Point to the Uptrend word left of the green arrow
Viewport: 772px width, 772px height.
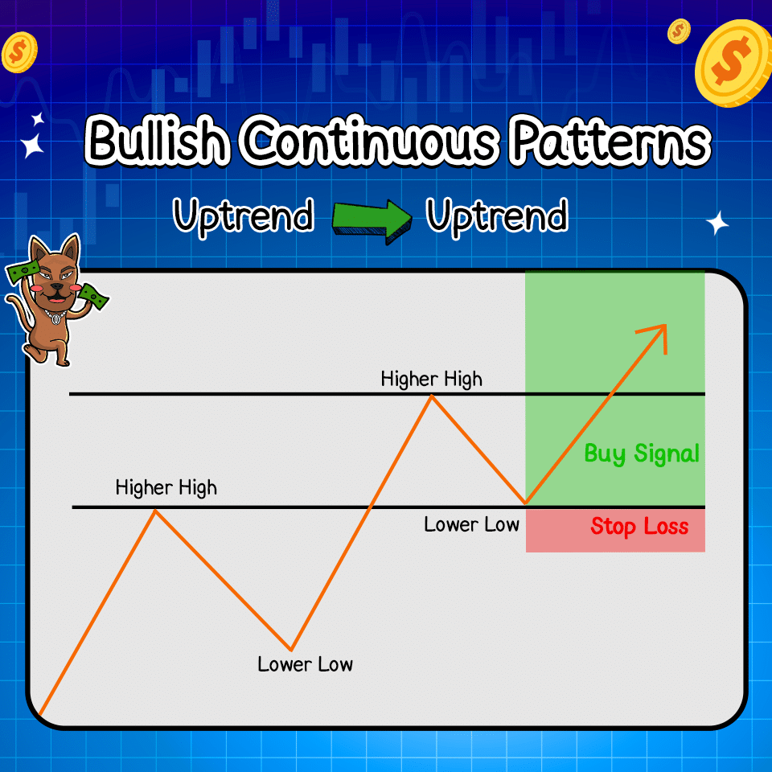[244, 217]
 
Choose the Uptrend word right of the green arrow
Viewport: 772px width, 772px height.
[497, 217]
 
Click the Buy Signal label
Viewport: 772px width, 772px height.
[641, 454]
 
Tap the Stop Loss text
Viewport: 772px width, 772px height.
[639, 527]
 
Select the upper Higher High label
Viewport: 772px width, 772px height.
[432, 378]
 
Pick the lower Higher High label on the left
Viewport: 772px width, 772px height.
[166, 487]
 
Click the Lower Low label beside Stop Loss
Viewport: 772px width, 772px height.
[471, 525]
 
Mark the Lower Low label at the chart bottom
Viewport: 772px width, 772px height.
[305, 664]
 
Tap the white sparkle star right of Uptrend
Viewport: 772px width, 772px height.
[717, 223]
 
